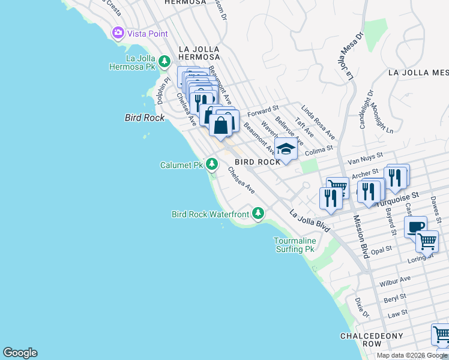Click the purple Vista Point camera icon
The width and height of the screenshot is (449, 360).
118,33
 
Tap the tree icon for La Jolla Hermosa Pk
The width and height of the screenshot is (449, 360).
164,61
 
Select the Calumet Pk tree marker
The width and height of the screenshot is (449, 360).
211,164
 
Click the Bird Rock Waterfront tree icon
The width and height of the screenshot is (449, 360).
258,213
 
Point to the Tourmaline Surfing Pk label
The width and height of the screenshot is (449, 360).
294,244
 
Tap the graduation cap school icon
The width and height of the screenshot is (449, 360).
286,150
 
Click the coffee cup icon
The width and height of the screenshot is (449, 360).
415,227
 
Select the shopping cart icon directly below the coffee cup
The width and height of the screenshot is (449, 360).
427,241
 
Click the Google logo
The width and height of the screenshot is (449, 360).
20,353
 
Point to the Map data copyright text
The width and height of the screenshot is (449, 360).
411,355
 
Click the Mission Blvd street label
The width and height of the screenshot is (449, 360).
361,237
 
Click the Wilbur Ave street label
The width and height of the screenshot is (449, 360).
394,280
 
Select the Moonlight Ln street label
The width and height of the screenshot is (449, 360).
382,120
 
